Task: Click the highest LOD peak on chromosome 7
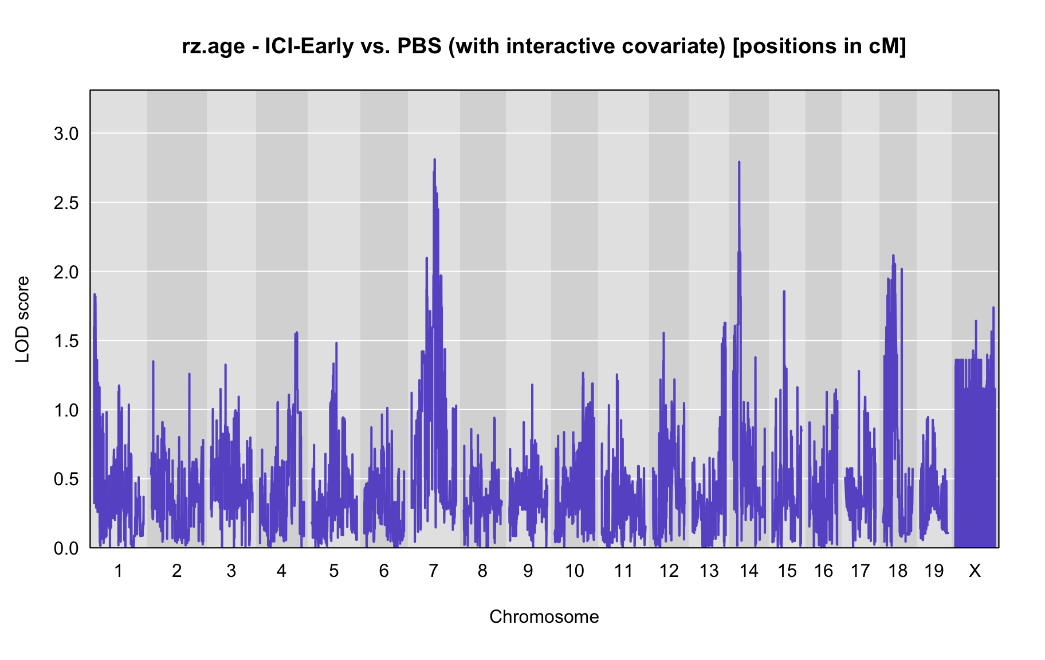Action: (435, 159)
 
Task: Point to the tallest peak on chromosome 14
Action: (739, 162)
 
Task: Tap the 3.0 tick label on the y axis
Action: (65, 134)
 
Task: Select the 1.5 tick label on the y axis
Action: (65, 341)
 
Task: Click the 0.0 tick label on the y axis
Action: (65, 549)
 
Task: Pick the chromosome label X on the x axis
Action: (975, 571)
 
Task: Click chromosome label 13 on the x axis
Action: (709, 571)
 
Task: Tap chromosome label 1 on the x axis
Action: (119, 571)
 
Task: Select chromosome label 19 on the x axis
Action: (934, 571)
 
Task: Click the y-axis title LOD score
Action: (23, 320)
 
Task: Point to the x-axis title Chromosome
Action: (544, 616)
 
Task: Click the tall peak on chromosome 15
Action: (784, 292)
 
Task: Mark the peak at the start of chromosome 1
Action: (95, 294)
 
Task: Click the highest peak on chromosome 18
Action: (893, 256)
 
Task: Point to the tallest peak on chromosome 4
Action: (296, 333)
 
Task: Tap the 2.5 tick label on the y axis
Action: (65, 203)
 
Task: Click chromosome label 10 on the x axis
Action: (575, 571)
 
